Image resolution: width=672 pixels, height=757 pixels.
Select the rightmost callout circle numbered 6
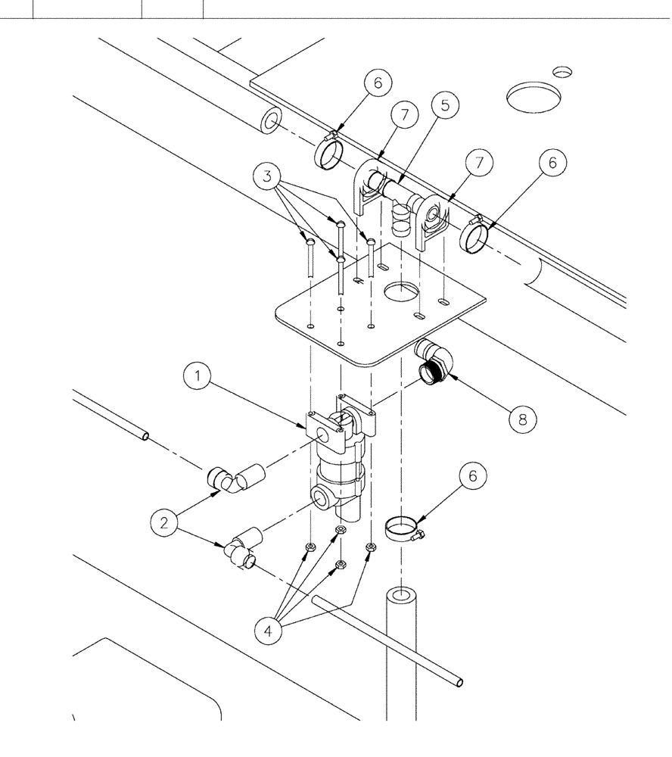click(552, 163)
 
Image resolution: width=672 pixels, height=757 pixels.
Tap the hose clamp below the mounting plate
click(403, 527)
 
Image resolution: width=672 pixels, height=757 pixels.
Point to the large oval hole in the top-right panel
click(533, 98)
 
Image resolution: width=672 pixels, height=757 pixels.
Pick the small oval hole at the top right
click(562, 71)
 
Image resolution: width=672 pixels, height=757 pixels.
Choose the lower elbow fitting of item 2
click(240, 550)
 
